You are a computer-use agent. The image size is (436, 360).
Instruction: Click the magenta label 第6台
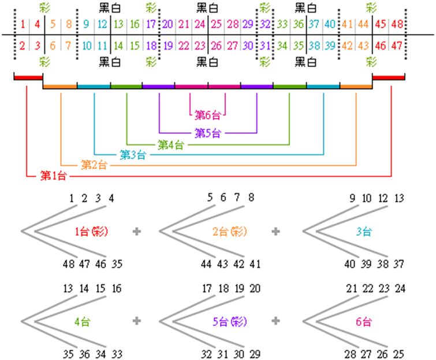(207, 113)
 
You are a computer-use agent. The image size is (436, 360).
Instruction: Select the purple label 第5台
(207, 133)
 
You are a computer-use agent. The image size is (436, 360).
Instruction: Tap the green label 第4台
(170, 144)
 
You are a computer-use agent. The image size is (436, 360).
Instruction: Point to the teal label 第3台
(132, 155)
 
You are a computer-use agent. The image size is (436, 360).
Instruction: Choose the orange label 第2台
(94, 165)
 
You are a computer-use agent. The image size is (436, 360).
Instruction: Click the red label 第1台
(53, 176)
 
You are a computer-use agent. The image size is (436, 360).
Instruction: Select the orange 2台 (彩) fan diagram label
(229, 232)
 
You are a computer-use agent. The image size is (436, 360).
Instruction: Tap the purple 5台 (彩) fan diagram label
(229, 322)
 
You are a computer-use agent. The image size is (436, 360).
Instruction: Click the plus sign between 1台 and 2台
(137, 232)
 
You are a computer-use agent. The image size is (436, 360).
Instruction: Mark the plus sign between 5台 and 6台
(276, 321)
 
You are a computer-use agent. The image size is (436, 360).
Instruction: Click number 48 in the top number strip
(397, 24)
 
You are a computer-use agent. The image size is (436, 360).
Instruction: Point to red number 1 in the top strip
(23, 24)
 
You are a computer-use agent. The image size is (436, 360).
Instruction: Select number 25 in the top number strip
(216, 24)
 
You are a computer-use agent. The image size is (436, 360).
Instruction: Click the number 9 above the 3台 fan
(352, 199)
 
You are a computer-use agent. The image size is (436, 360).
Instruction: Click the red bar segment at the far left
(28, 77)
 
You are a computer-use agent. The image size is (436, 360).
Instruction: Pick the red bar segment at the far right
(389, 77)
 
